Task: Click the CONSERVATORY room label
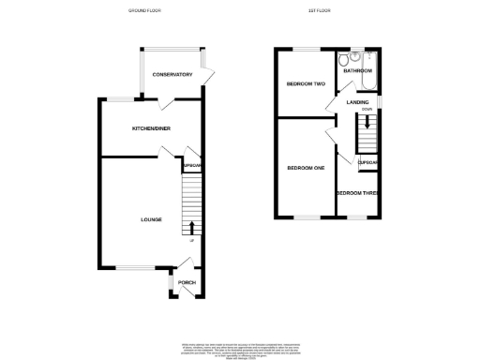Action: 172,74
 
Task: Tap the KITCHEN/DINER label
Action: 150,127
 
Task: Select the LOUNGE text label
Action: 151,219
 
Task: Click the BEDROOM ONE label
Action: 305,168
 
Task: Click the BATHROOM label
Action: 357,70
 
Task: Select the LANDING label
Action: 356,101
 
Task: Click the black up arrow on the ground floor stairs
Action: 192,227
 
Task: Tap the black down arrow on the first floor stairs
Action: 367,123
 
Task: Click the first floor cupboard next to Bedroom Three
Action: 367,162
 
